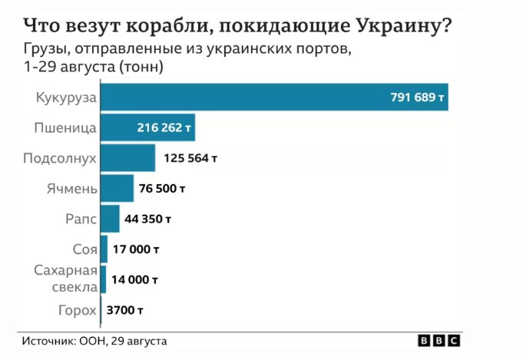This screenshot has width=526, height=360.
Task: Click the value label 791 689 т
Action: pos(417,97)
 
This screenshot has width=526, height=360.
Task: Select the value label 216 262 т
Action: pos(164,127)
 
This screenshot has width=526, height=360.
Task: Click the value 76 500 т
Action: pos(163,188)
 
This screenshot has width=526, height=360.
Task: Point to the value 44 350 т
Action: pos(148,219)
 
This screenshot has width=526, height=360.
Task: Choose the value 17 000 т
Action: pos(137,249)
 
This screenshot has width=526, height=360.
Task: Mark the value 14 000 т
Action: pos(135,279)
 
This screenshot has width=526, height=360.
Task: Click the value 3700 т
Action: pos(125,310)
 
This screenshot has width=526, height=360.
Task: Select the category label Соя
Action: pos(84,249)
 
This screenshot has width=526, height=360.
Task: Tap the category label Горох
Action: pos(78,310)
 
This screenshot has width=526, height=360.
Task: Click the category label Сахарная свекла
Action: pos(66,279)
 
